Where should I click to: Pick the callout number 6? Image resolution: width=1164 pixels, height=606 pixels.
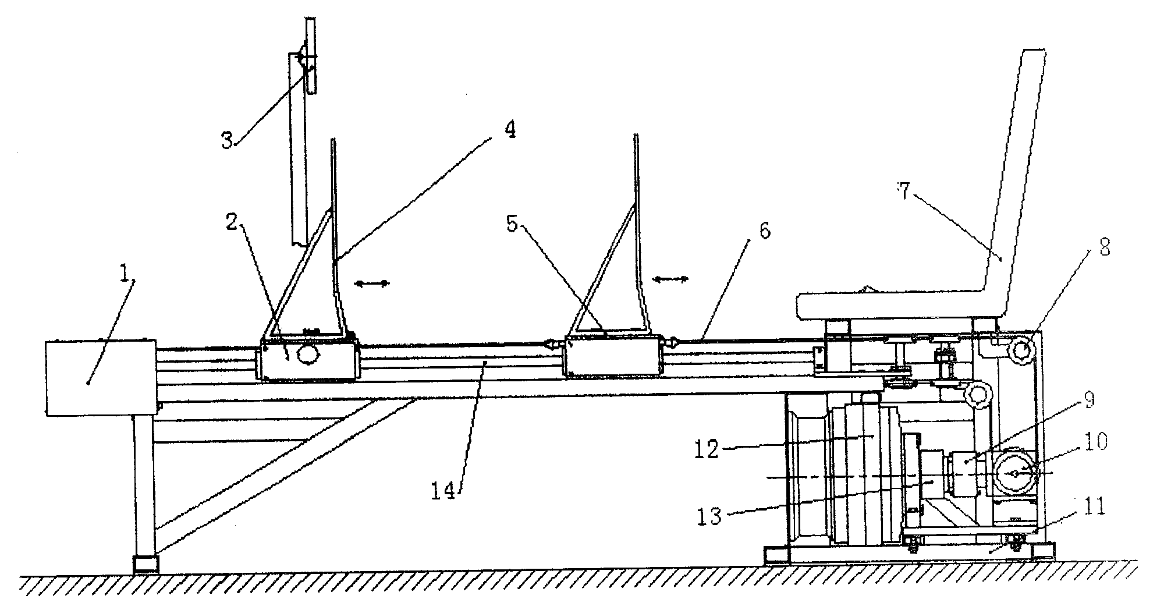764,231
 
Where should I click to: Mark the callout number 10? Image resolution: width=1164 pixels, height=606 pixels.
1095,441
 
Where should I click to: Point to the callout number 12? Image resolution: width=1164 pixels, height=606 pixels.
707,449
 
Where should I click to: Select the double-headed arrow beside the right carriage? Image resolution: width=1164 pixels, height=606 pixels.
670,279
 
